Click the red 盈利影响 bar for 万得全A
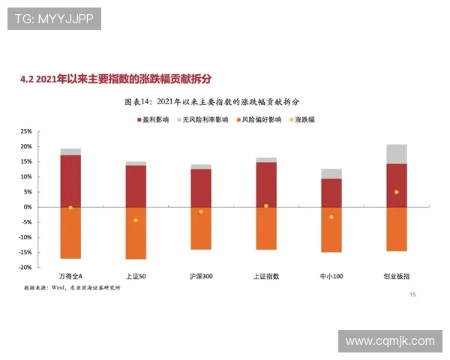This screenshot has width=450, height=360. [70, 180]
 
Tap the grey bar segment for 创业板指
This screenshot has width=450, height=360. [396, 154]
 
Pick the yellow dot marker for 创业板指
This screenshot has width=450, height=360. [396, 192]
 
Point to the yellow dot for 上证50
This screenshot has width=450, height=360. [136, 220]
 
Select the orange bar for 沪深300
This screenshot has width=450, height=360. [201, 228]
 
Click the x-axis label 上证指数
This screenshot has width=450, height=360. [266, 276]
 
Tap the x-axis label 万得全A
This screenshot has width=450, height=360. [70, 276]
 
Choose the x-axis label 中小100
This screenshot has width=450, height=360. [331, 276]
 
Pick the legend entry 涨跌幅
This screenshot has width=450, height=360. [301, 119]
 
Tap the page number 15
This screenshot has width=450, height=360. [412, 295]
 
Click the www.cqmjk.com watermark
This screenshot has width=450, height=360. [390, 341]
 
